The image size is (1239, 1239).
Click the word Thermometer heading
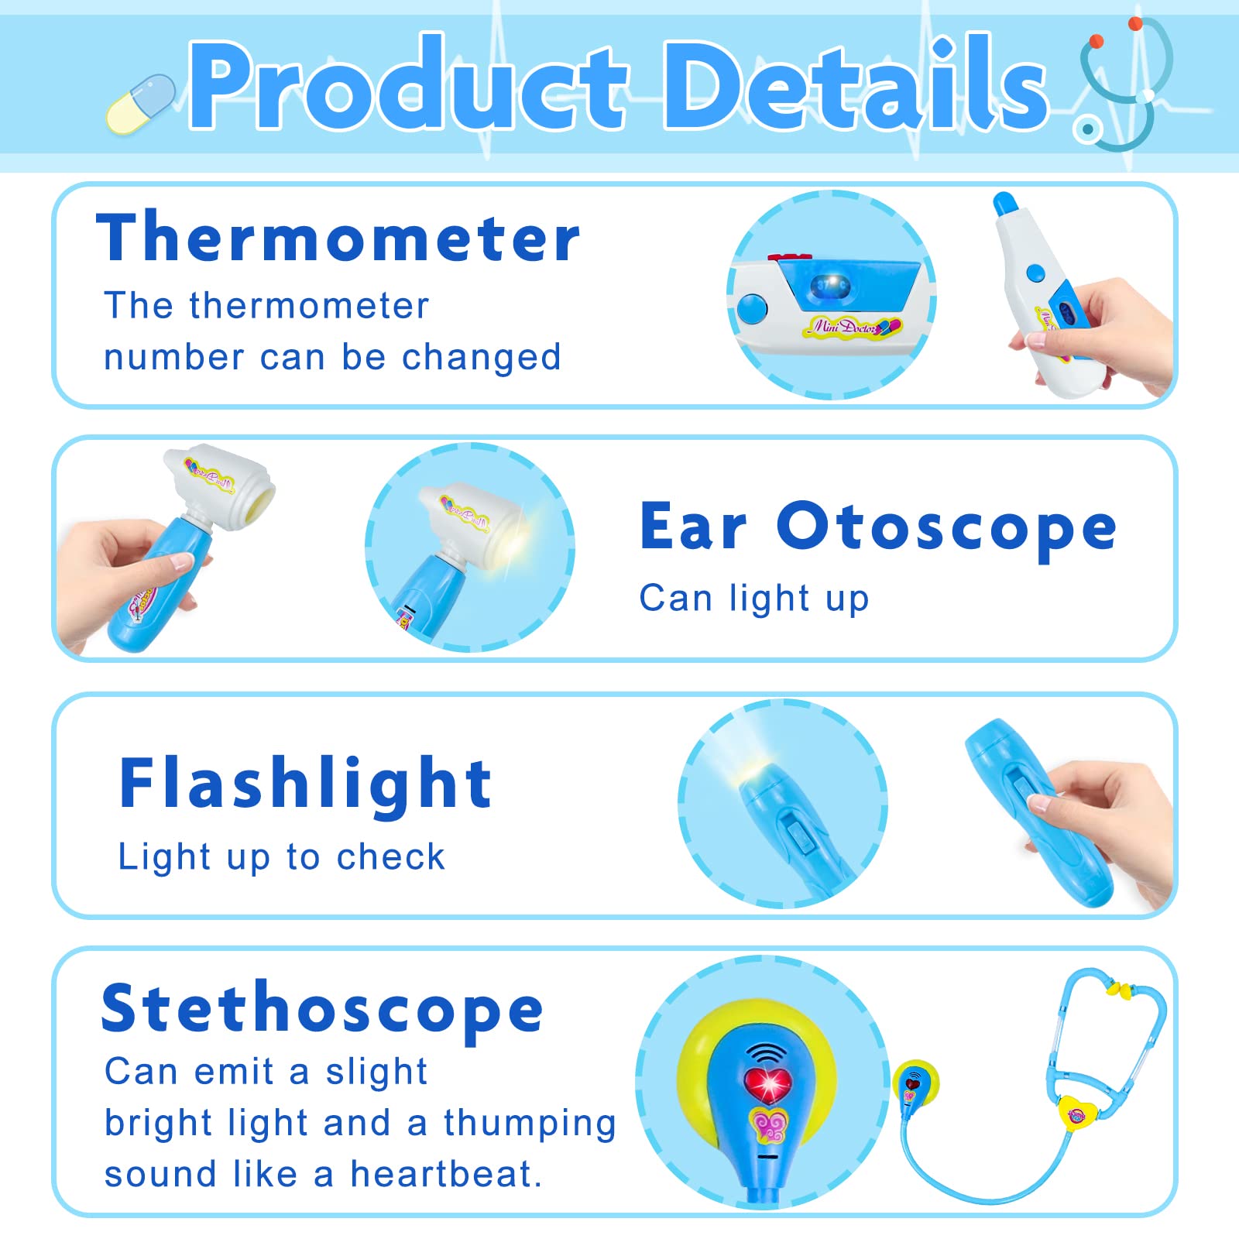click(x=338, y=237)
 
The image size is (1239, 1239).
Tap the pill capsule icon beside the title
click(x=141, y=104)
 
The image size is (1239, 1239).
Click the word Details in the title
click(x=854, y=84)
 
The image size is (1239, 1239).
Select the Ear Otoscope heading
click(x=878, y=527)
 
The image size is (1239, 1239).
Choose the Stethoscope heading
click(x=322, y=1009)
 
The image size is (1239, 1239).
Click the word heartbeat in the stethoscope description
click(x=445, y=1174)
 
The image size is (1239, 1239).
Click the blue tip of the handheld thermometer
click(x=1004, y=204)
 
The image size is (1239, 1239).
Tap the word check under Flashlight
click(x=390, y=857)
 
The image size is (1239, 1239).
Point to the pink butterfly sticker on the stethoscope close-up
click(x=769, y=1125)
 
